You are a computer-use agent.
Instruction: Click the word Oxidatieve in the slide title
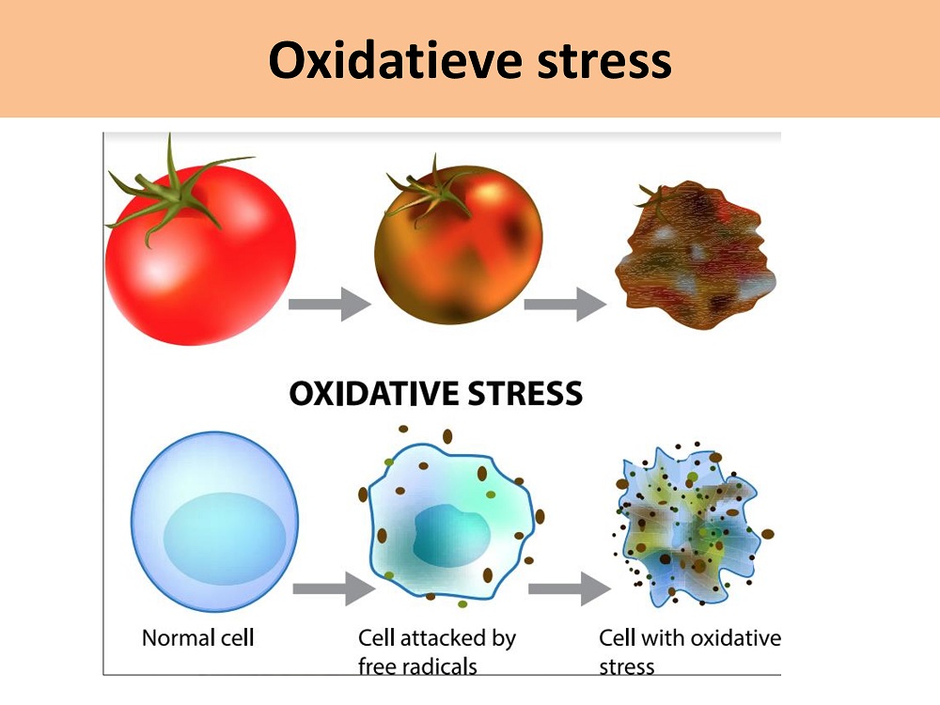pos(396,60)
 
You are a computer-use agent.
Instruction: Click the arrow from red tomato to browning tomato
pos(329,304)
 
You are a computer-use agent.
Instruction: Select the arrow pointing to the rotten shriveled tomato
pos(565,304)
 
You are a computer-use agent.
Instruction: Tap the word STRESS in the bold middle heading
pos(525,394)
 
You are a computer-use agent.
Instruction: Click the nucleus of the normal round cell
pos(225,539)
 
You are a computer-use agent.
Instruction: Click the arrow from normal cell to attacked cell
pos(334,588)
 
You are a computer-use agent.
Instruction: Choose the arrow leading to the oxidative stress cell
pos(570,588)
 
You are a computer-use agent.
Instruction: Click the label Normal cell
pos(197,638)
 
